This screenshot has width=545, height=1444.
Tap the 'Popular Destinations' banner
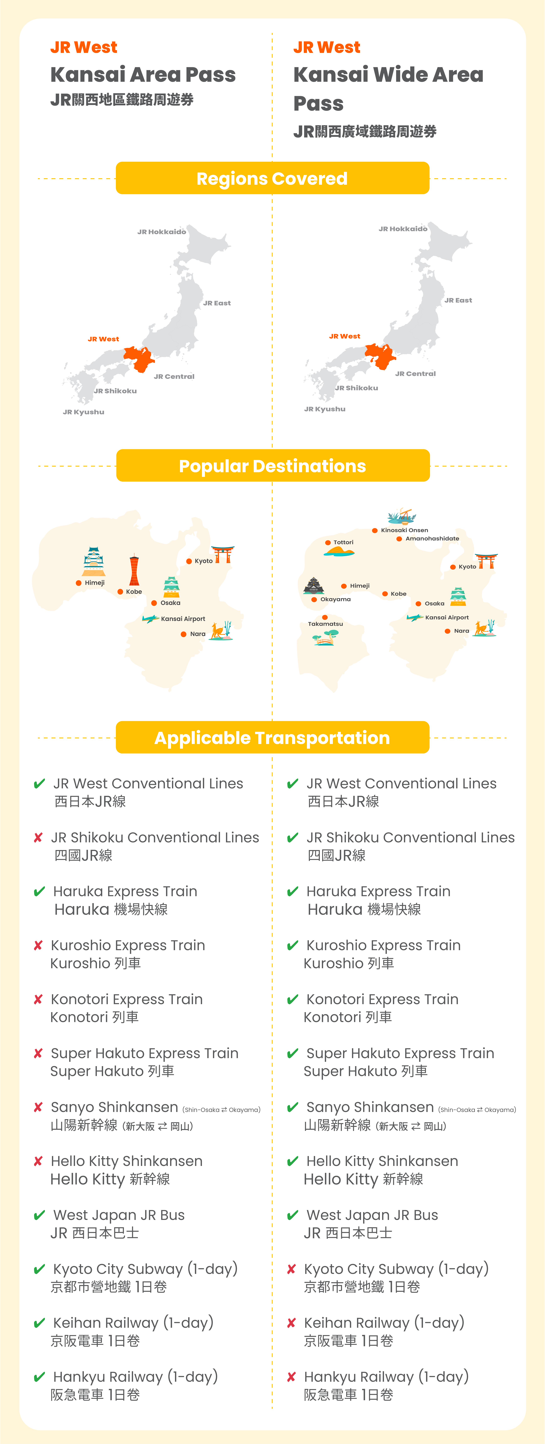pos(272,466)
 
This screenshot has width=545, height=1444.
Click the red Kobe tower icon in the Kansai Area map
pos(134,571)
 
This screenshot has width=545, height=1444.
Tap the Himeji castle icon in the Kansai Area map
pos(94,562)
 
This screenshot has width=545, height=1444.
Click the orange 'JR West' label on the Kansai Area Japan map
pos(103,339)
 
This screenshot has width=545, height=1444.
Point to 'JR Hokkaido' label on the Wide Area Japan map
pos(403,229)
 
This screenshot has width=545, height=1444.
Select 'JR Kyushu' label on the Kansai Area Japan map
pos(83,412)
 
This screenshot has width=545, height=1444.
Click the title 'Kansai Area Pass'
pos(143,75)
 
